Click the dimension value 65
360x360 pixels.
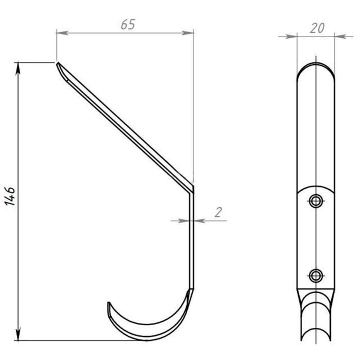(128, 24)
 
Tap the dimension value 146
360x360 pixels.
(10, 196)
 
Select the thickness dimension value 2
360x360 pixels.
(218, 212)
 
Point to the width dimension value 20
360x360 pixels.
(317, 28)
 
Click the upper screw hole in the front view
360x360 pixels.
(316, 201)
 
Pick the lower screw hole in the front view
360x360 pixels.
(316, 276)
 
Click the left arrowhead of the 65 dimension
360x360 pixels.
(62, 33)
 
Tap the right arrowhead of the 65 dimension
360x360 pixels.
(188, 33)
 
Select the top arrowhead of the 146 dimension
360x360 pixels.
(18, 69)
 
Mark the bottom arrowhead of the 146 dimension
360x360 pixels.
(18, 334)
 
